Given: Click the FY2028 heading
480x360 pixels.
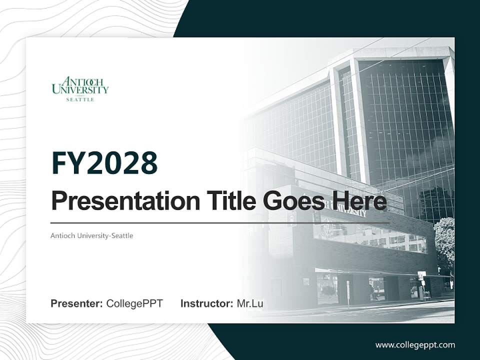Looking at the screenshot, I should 104,163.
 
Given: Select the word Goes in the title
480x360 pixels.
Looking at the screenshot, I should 290,201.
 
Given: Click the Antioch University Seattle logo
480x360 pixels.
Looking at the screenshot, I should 80,89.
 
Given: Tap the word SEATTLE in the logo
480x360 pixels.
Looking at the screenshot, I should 80,99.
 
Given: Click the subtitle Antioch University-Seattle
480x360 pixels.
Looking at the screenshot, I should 92,235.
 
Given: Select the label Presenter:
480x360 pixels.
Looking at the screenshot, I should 77,303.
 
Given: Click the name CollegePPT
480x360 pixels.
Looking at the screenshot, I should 134,303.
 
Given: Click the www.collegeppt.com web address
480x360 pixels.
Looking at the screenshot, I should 415,345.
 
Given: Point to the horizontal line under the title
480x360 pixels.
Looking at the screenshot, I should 220,223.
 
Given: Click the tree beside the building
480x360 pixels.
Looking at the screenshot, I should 444,245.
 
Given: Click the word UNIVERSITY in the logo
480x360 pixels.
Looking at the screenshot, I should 80,90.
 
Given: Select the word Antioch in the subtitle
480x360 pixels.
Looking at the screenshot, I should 63,235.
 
